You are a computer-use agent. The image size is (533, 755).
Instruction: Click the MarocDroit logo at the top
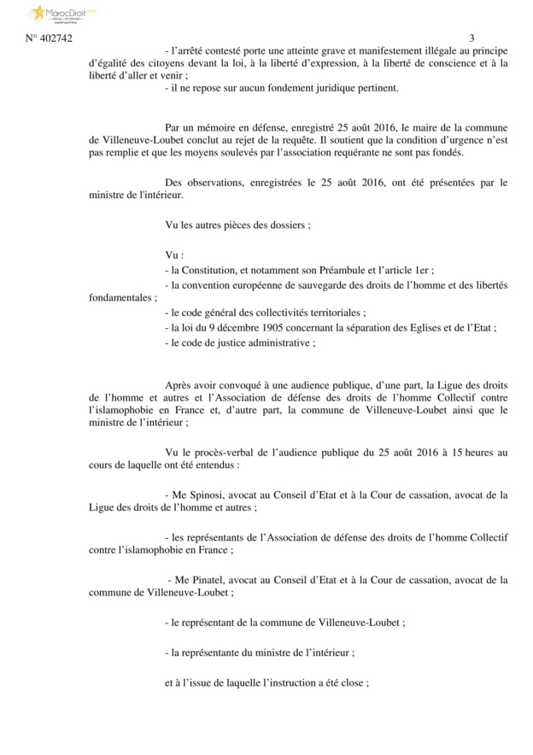pos(63,14)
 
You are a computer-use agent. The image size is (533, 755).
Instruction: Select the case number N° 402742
pos(50,39)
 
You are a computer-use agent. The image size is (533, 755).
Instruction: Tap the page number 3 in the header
pos(471,39)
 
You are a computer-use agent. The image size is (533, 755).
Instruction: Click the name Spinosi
pos(206,495)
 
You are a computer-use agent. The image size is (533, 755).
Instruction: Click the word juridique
pos(330,87)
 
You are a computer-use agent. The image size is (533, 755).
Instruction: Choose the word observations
pos(215,182)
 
